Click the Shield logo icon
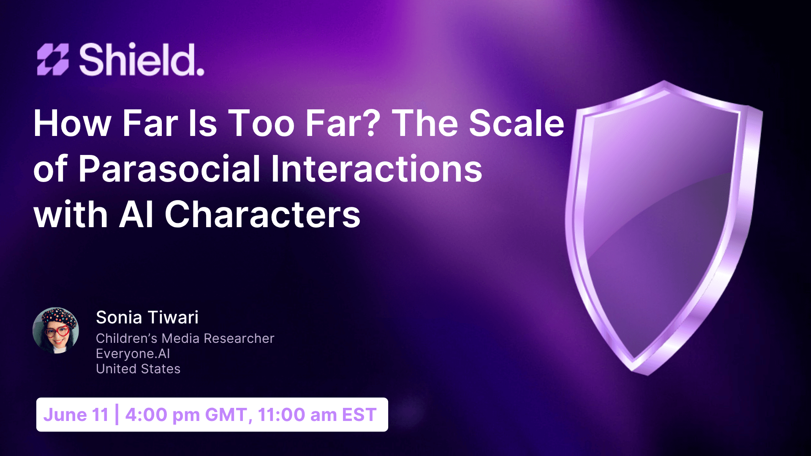tap(53, 60)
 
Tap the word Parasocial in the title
tap(169, 169)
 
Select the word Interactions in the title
tap(376, 169)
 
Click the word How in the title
tap(72, 123)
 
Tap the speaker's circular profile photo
tap(56, 331)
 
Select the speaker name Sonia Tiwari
tap(147, 318)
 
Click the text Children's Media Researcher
tap(185, 338)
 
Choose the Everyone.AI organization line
tap(133, 353)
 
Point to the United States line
tap(138, 369)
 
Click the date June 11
tap(76, 415)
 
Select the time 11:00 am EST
tap(317, 415)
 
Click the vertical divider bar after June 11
tap(117, 415)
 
